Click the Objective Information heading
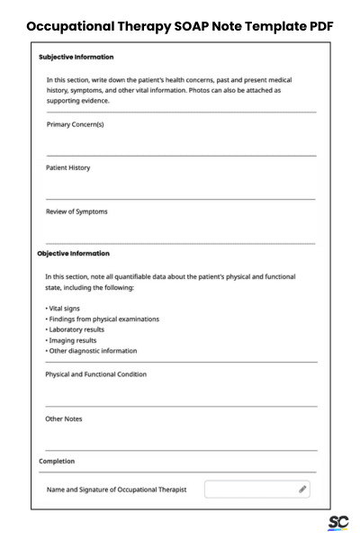[x=74, y=253]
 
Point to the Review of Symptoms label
[x=76, y=211]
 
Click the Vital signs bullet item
[x=65, y=308]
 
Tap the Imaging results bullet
[x=75, y=340]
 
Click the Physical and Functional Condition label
[x=96, y=373]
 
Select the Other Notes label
[x=64, y=418]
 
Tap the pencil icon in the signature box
[x=302, y=489]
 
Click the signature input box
[x=252, y=489]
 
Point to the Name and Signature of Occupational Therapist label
[x=117, y=489]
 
